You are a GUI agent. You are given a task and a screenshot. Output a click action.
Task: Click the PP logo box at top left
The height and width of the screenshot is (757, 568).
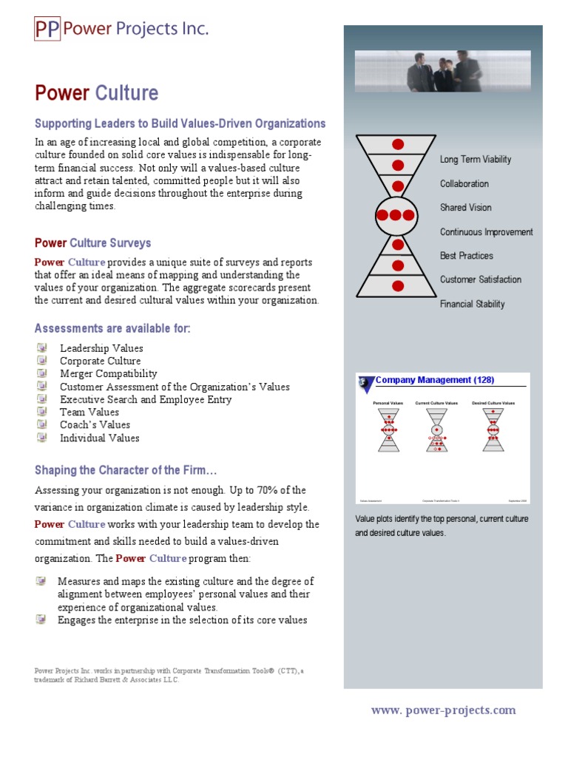(47, 29)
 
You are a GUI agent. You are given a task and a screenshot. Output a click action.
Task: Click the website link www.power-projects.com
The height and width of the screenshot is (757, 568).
(443, 710)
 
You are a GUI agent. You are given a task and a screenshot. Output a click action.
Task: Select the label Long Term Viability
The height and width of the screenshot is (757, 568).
(475, 160)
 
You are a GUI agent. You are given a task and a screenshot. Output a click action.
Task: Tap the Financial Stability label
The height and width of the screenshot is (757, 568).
(472, 304)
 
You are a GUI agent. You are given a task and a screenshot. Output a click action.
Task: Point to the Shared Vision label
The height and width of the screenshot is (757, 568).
(465, 208)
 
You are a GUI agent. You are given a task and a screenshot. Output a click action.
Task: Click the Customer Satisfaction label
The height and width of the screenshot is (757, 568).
(480, 279)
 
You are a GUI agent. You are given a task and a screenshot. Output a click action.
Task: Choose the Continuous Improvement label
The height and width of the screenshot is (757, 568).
(486, 232)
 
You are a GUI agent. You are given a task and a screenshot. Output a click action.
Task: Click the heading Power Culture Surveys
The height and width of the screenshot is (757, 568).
(92, 243)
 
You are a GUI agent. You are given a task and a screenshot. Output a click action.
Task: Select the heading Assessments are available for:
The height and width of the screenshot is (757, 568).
(112, 328)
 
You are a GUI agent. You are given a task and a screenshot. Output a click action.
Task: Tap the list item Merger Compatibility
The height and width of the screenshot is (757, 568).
(108, 374)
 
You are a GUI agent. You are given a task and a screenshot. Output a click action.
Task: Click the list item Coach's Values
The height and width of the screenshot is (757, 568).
(95, 425)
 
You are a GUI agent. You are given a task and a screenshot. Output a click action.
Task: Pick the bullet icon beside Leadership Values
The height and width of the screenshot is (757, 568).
(41, 347)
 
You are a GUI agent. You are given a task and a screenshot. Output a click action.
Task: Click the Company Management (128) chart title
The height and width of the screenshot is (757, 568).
(435, 380)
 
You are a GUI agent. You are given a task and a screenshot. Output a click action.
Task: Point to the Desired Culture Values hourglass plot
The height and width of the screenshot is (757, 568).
(493, 430)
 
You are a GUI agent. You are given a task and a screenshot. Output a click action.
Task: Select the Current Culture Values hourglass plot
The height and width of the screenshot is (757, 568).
(436, 430)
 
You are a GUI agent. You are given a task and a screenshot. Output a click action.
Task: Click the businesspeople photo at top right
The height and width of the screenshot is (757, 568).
(442, 71)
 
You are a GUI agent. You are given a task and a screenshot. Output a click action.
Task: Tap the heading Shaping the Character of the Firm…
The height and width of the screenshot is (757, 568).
(126, 470)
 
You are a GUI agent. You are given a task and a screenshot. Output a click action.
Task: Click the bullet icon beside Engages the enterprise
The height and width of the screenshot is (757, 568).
(41, 619)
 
